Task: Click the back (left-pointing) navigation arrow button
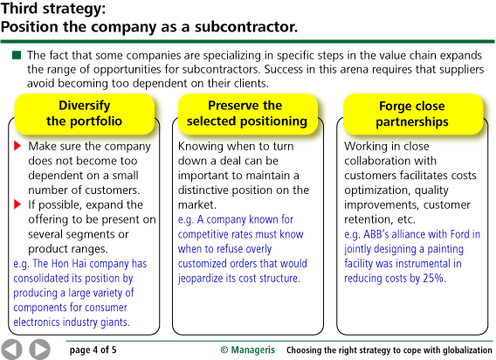coord(11,350)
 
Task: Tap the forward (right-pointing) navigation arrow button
coord(40,350)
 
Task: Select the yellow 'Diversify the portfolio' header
coord(85,114)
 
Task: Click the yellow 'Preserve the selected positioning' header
coord(247,114)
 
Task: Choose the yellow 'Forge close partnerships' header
coord(412,114)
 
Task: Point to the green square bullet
coord(17,55)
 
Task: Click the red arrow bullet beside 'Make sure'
coord(17,146)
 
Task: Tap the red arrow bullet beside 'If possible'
coord(17,204)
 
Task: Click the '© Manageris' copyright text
coord(248,350)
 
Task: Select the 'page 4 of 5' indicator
coord(93,350)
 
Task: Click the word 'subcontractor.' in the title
coord(246,26)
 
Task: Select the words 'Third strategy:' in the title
coord(53,8)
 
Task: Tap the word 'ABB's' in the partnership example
coord(376,234)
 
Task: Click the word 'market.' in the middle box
coord(197,204)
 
